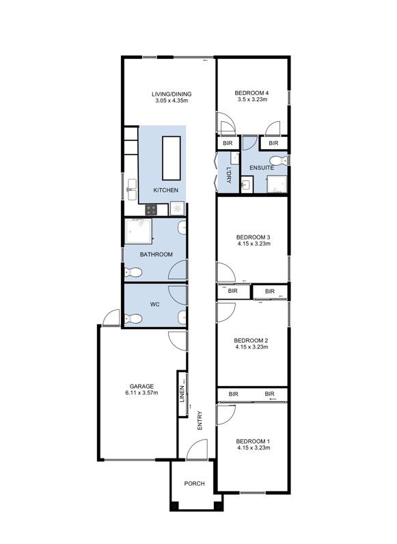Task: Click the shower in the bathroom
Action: pyautogui.click(x=139, y=233)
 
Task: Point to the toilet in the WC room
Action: pyautogui.click(x=133, y=318)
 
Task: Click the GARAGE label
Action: pyautogui.click(x=141, y=386)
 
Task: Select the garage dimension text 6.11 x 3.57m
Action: pyautogui.click(x=141, y=393)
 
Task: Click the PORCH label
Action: pyautogui.click(x=195, y=484)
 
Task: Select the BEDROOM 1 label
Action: pyautogui.click(x=253, y=441)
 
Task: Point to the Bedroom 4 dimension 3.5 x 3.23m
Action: pyautogui.click(x=253, y=99)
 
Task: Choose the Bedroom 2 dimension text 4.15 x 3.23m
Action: pyautogui.click(x=251, y=348)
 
